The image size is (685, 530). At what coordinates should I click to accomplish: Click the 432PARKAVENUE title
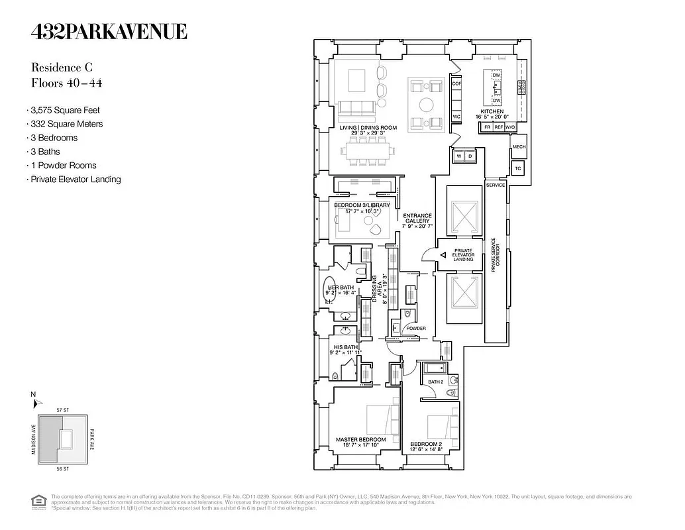point(109,31)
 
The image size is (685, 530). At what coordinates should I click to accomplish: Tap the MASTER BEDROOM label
point(360,439)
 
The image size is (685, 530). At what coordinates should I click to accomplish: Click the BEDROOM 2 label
point(425,443)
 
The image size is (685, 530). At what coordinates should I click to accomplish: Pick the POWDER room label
point(416,329)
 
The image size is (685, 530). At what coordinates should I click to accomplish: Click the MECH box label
point(519,146)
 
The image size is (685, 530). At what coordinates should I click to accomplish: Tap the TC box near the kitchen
point(518,168)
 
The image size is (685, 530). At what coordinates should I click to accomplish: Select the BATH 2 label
point(435,382)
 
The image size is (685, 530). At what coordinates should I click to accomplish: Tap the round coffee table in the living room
point(427,104)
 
